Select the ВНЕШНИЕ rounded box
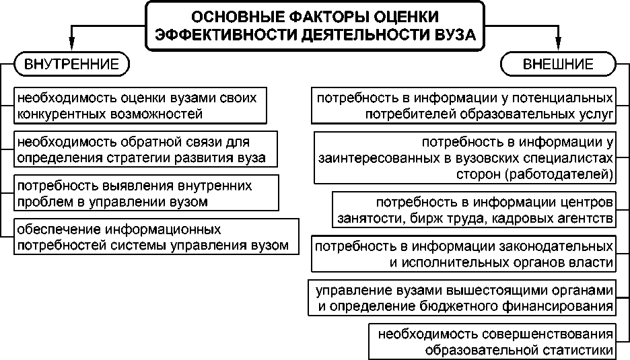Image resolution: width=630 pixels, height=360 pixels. pos(558,65)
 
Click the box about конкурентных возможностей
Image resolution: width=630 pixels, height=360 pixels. pos(138,105)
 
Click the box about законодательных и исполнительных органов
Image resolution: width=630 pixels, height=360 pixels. pos(464,253)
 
